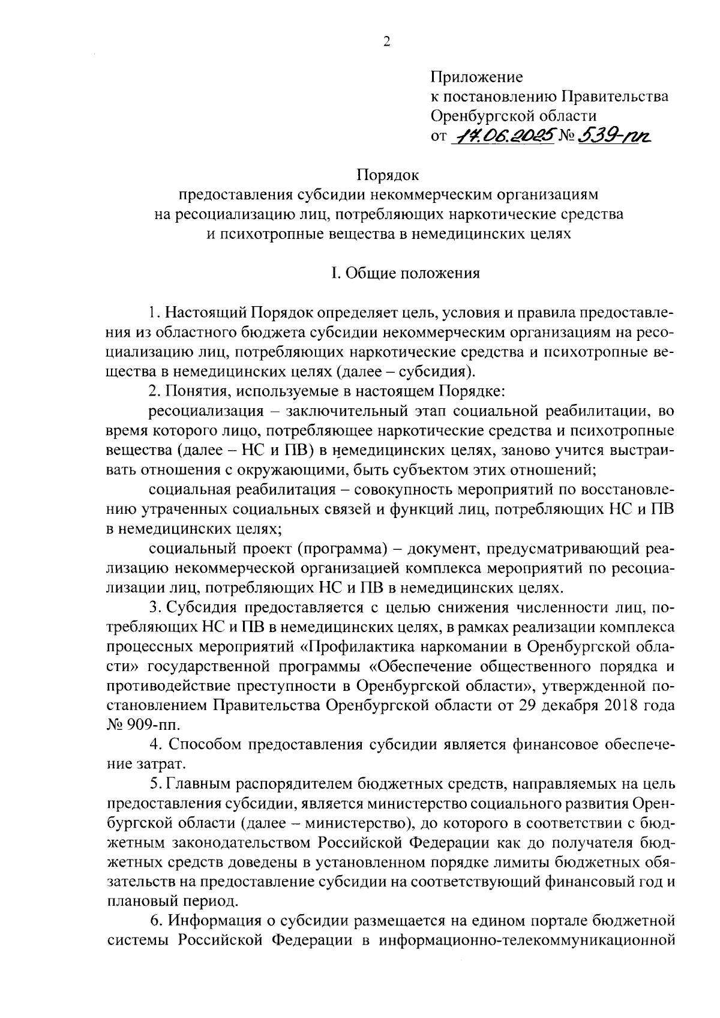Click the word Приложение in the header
click(476, 77)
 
